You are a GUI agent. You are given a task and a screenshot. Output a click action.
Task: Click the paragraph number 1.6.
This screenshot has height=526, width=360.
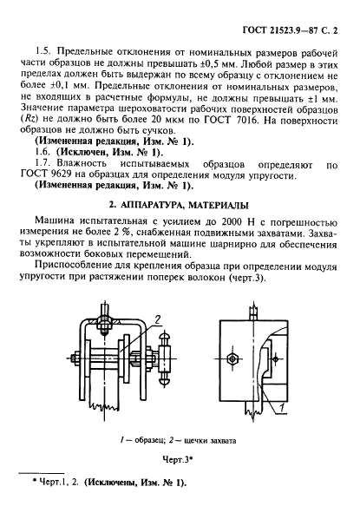[x=42, y=149]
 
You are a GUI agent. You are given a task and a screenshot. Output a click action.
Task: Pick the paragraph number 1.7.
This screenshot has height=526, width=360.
[x=42, y=161]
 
